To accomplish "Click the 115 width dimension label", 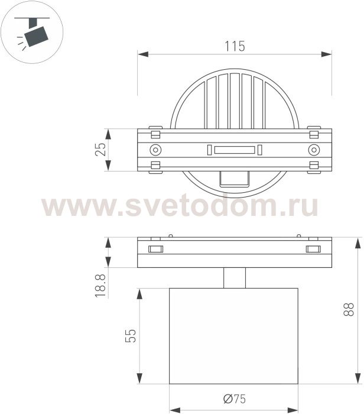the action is click(x=235, y=46).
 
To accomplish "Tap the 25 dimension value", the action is click(x=100, y=150).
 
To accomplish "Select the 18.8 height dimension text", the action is click(x=100, y=286).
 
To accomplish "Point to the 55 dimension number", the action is click(x=131, y=335).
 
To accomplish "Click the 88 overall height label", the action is click(x=349, y=309).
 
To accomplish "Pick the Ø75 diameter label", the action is click(x=235, y=399).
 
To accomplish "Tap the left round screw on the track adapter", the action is click(x=155, y=150).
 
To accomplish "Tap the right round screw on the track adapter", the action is click(x=314, y=150).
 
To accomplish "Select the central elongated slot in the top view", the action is click(x=235, y=150).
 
